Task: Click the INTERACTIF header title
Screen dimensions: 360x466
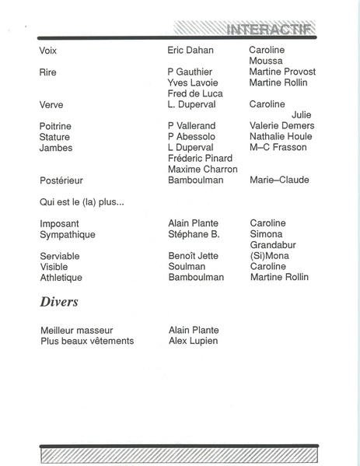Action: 269,30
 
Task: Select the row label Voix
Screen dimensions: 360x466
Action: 48,51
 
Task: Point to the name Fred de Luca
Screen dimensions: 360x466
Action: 195,94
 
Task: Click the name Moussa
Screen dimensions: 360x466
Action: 266,61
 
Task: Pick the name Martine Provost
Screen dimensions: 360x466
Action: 282,72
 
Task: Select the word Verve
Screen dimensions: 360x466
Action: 51,105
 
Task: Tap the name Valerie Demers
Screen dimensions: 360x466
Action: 281,126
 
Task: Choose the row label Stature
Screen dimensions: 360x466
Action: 54,137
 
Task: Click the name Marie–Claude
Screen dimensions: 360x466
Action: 279,180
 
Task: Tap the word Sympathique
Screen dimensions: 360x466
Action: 68,234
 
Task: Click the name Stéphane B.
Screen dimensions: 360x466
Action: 194,234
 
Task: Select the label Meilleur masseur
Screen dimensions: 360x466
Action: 77,330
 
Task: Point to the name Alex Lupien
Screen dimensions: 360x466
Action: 193,341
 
